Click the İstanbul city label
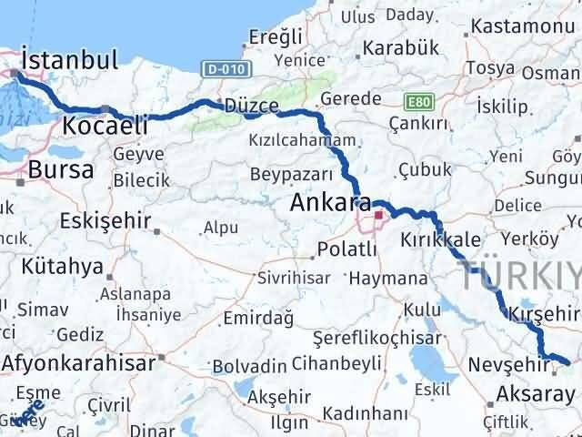tap(70, 61)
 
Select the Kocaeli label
tap(100, 126)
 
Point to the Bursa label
tap(61, 168)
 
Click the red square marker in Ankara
tap(379, 217)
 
